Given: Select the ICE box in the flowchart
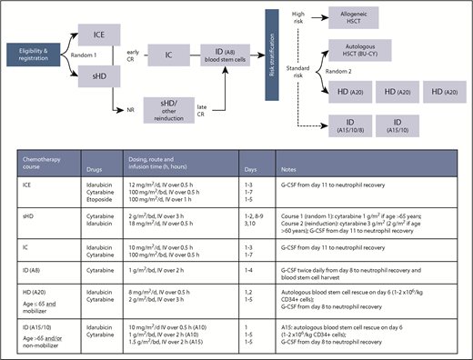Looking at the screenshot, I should (x=102, y=35).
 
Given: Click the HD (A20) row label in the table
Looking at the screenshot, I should (x=34, y=285).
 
